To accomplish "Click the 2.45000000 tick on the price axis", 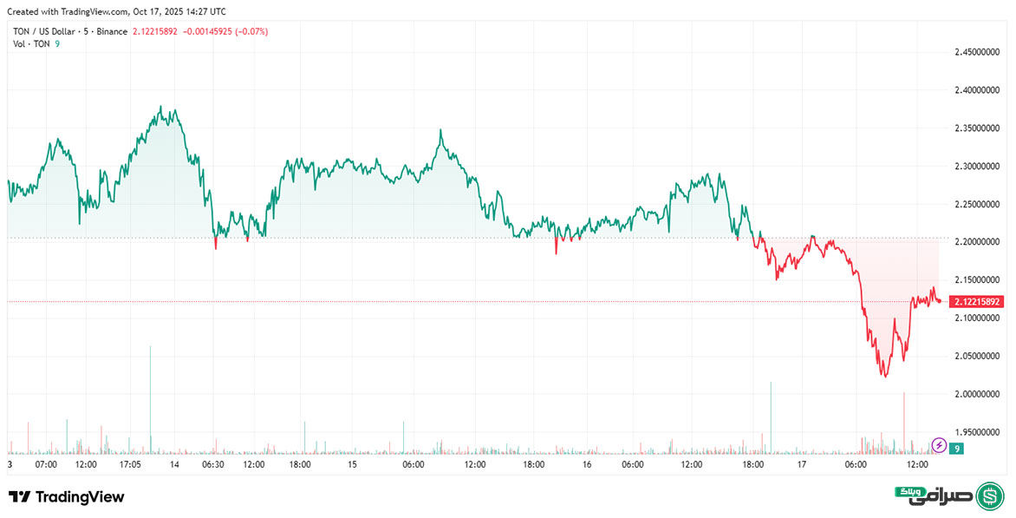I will point(977,53).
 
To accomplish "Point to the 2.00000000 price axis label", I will point(977,394).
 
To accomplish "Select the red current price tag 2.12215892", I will point(976,302).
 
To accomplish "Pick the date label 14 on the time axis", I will point(175,465).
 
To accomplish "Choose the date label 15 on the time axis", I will point(352,465).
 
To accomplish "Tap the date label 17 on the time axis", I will point(802,465).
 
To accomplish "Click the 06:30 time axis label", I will point(213,465).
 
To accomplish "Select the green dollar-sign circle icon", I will point(990,496).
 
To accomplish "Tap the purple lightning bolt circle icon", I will point(938,446).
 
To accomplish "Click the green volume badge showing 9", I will point(956,449).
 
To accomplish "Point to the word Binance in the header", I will point(113,31).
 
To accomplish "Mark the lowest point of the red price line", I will point(884,377).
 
